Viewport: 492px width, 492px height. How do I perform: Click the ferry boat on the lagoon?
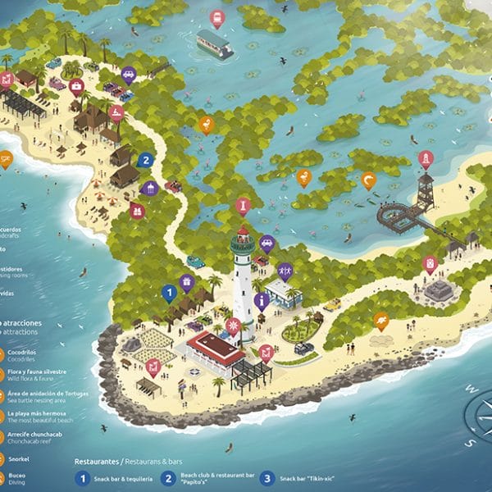pyautogui.click(x=214, y=44)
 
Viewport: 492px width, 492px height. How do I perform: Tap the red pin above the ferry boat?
pyautogui.click(x=216, y=17)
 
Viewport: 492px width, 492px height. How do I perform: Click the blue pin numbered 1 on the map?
pyautogui.click(x=169, y=291)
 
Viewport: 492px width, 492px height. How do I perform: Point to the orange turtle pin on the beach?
pyautogui.click(x=380, y=320)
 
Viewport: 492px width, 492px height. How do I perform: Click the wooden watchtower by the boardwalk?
pyautogui.click(x=424, y=190)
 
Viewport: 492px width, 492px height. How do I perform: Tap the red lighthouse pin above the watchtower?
pyautogui.click(x=425, y=158)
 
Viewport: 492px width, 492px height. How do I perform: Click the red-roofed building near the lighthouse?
pyautogui.click(x=214, y=348)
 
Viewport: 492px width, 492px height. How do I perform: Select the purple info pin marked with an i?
pyautogui.click(x=262, y=300)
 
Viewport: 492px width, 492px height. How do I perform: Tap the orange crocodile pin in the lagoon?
pyautogui.click(x=368, y=180)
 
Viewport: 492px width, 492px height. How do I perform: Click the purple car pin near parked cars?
pyautogui.click(x=129, y=75)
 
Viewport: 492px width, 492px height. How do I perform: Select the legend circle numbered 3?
pyautogui.click(x=266, y=477)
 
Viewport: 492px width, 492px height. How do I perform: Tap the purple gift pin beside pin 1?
pyautogui.click(x=186, y=282)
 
